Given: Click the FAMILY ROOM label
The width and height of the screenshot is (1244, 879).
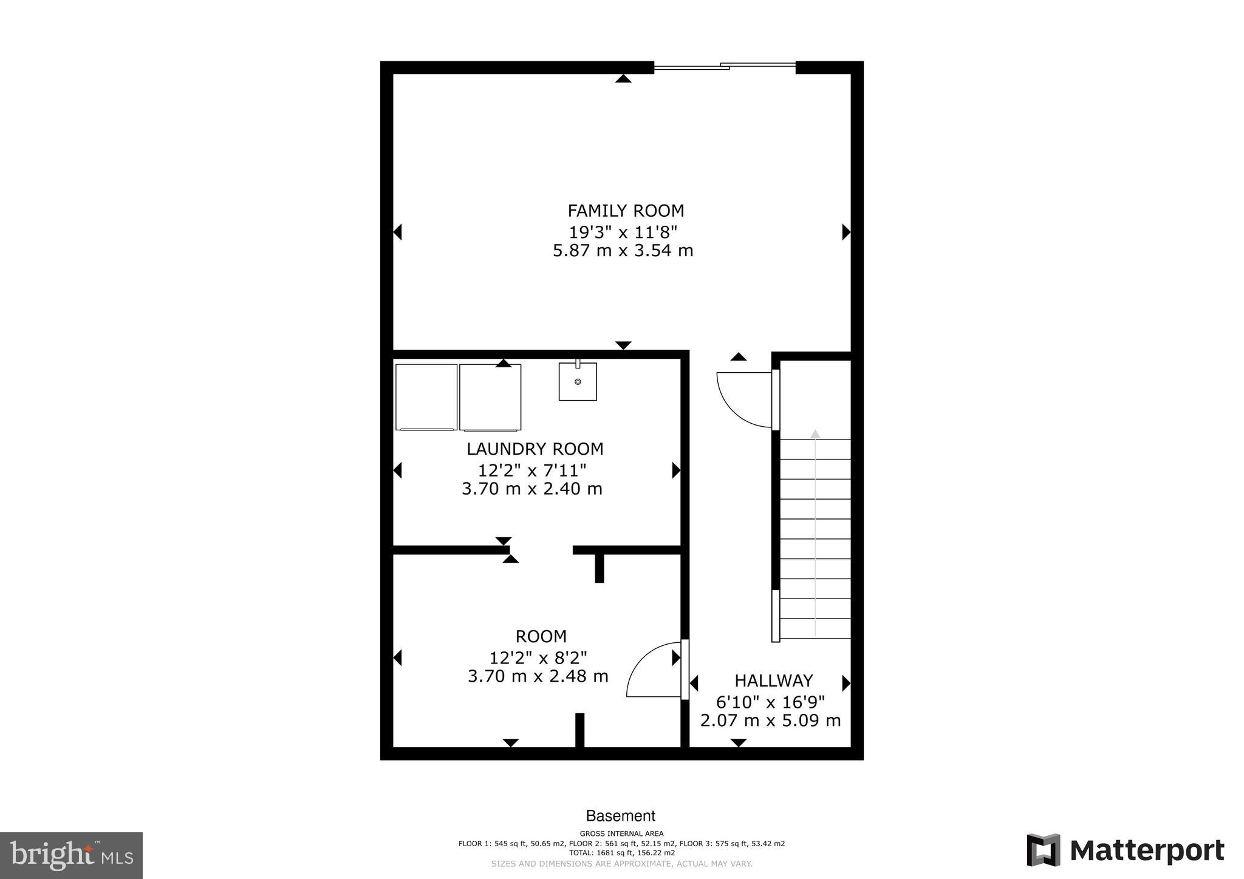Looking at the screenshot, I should pos(625,211).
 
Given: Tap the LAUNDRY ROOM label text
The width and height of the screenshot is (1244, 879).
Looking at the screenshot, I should pos(535,449).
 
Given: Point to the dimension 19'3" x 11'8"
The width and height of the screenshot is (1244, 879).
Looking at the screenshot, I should pos(623,231).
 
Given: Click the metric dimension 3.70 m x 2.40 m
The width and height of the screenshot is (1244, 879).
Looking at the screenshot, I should pos(531,489).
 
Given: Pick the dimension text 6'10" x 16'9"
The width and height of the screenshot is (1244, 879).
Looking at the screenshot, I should pos(770,702).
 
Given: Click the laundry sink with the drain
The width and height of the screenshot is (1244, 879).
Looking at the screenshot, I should pos(578,382).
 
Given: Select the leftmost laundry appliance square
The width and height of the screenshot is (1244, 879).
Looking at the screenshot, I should pos(426,397).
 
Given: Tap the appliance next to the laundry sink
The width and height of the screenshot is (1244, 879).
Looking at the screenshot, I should pos(490,397).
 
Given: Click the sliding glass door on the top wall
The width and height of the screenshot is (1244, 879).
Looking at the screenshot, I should pos(725,67).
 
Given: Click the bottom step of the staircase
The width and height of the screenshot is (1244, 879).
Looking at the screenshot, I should pos(815,629).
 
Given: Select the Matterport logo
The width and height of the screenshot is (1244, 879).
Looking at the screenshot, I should pos(1125,850).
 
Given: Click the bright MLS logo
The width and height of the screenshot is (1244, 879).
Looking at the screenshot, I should pos(71,855).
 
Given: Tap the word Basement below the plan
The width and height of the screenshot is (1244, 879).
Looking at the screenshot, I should pos(620,816).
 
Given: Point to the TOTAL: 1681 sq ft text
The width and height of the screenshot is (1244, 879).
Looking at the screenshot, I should pos(621,853).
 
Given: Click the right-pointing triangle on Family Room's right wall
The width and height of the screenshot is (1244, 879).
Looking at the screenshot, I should pos(846,232).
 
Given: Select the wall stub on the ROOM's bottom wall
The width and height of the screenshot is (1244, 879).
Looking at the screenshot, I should pos(579,730).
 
